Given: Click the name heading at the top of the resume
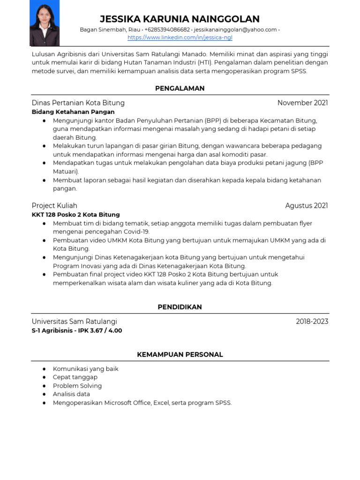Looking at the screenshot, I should (x=180, y=19).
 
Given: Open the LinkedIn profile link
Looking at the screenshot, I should (x=180, y=37).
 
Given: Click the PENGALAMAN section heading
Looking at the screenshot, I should (x=180, y=88).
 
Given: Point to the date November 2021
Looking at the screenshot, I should (x=302, y=103).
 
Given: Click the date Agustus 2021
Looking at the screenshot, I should (x=307, y=205).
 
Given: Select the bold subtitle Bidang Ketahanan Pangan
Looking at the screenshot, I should (x=73, y=112).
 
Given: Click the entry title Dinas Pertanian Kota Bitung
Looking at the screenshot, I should (x=78, y=103).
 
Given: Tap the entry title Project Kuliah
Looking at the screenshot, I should (x=54, y=205).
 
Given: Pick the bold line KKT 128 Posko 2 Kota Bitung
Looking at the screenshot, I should (x=75, y=215).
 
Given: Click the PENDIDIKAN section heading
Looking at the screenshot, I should (x=180, y=307).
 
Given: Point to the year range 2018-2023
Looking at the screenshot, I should (x=312, y=322).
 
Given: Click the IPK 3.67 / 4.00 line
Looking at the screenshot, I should (x=77, y=330).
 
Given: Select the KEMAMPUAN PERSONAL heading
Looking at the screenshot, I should (x=180, y=354).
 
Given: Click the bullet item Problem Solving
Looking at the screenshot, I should (x=77, y=386).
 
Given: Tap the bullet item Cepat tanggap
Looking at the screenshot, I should (x=75, y=377).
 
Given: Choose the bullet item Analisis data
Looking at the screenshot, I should (x=71, y=394).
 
